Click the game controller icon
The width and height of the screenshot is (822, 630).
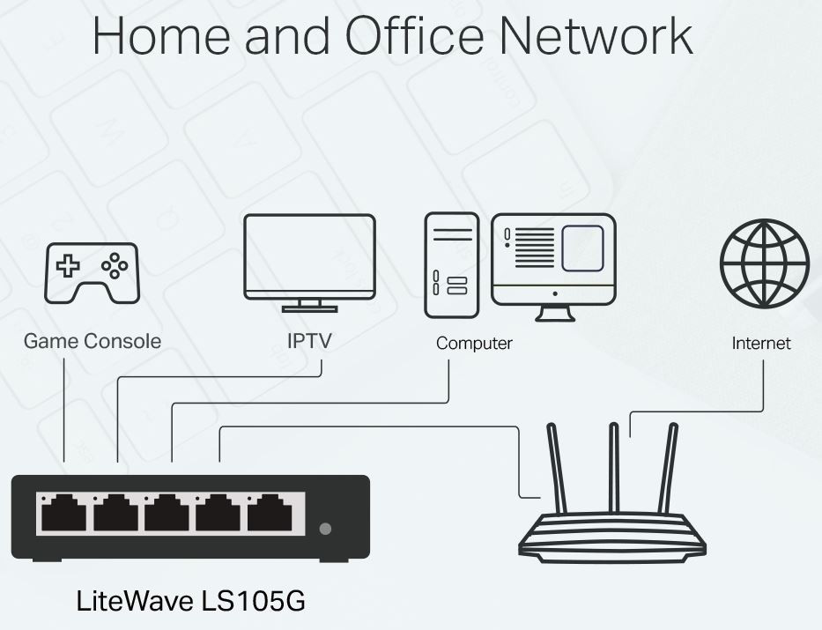click(x=92, y=272)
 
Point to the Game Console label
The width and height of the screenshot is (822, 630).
click(x=93, y=341)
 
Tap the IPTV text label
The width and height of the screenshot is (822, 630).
click(x=309, y=341)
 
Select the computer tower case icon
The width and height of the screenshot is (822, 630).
click(x=452, y=265)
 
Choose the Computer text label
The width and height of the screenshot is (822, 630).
click(x=474, y=343)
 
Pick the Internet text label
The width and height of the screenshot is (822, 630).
click(x=761, y=343)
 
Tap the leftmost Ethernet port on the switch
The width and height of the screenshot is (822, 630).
click(x=63, y=513)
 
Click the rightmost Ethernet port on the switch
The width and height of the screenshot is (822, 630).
click(x=270, y=513)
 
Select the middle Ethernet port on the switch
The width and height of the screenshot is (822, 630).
click(x=167, y=513)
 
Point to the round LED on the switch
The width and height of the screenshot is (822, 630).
click(x=326, y=529)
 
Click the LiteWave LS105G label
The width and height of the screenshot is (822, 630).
click(x=191, y=602)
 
